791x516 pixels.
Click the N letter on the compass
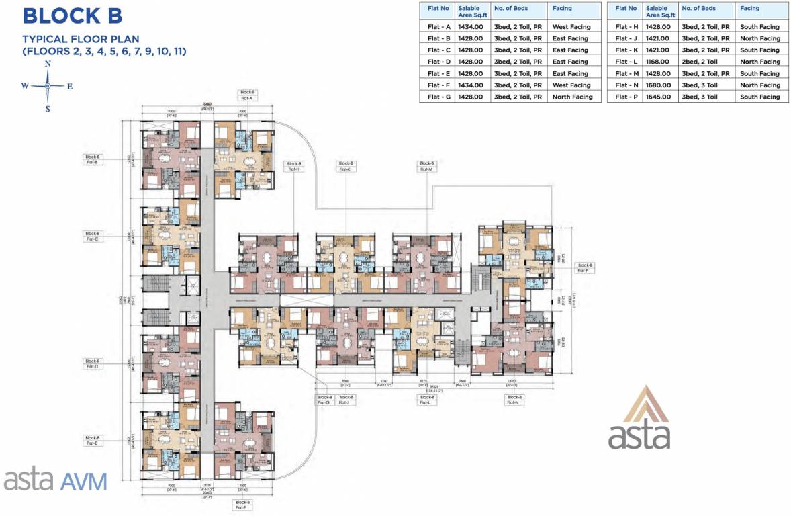click(x=48, y=64)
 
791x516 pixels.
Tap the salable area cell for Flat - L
click(x=657, y=62)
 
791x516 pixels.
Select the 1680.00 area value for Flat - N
click(x=657, y=85)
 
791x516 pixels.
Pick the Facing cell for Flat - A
click(x=571, y=27)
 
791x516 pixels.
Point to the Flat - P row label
click(x=626, y=97)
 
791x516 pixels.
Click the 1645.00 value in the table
click(x=657, y=97)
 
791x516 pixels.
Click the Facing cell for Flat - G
click(x=572, y=97)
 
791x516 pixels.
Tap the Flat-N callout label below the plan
click(x=514, y=400)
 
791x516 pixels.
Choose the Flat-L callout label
click(x=426, y=400)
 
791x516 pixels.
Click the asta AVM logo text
click(x=55, y=481)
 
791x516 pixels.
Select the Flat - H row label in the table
click(x=626, y=27)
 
